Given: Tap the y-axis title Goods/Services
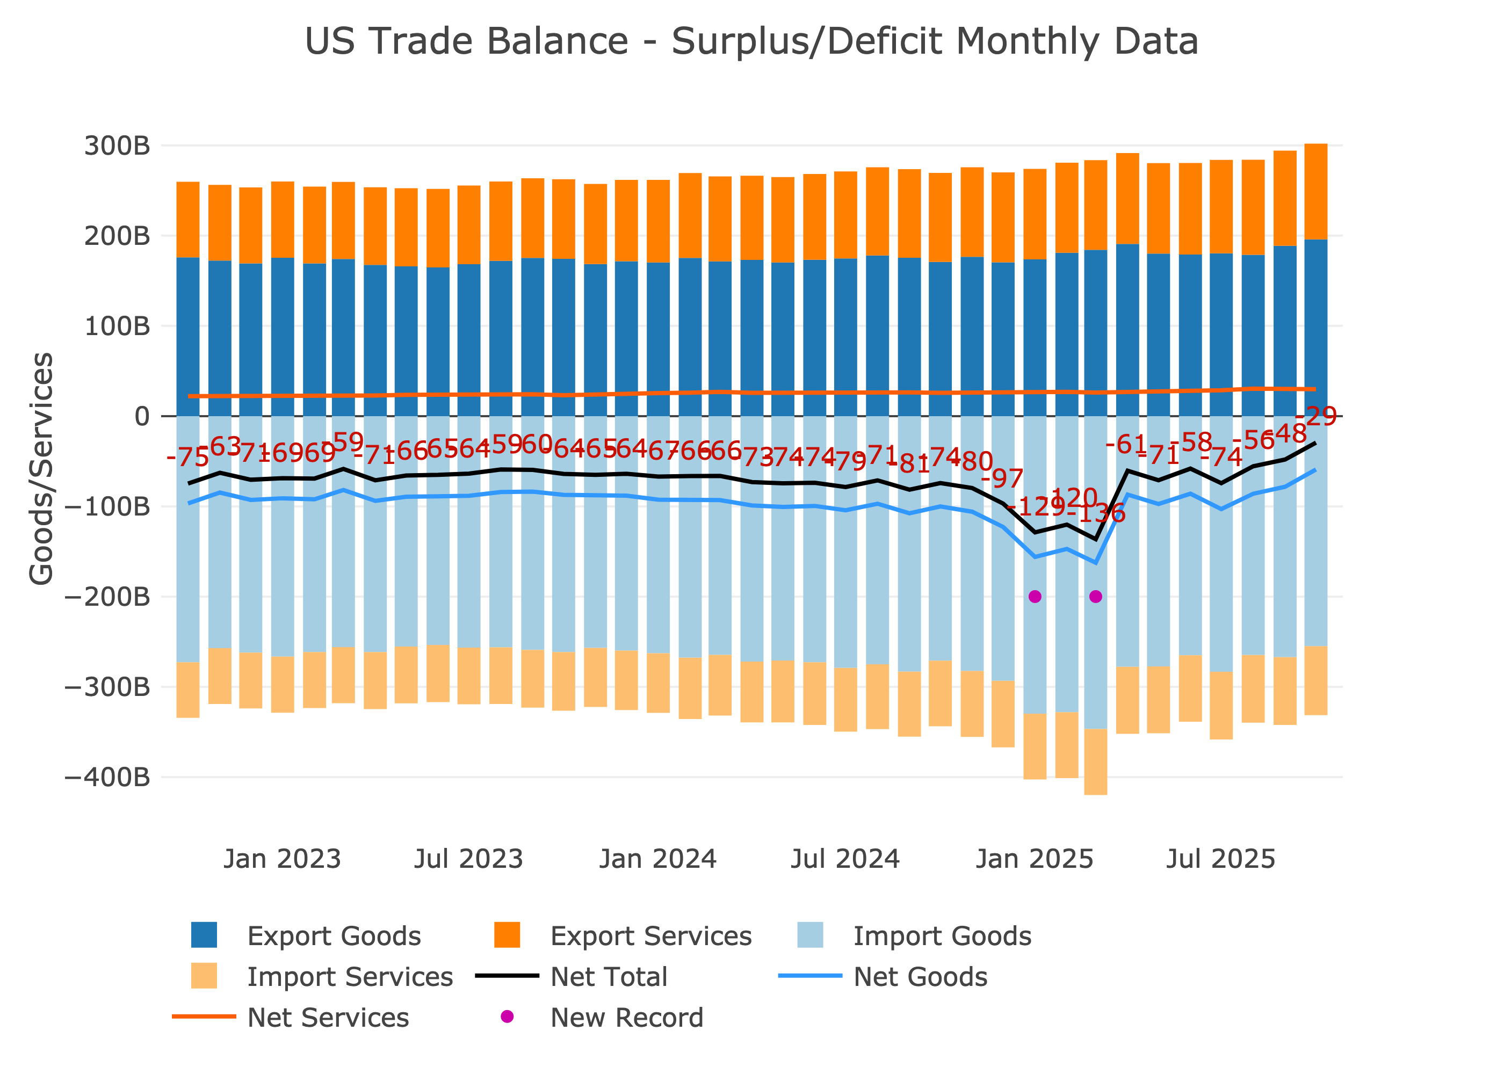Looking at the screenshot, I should pyautogui.click(x=41, y=468).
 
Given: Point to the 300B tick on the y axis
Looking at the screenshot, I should pyautogui.click(x=117, y=146).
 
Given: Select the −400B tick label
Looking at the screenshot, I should pyautogui.click(x=107, y=777).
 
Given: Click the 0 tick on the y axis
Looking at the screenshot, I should pyautogui.click(x=142, y=417).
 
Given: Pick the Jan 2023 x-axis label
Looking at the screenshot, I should pyautogui.click(x=283, y=859).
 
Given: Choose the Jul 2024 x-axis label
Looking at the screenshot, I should pyautogui.click(x=845, y=859).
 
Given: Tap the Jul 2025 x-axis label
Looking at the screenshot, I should pyautogui.click(x=1220, y=859).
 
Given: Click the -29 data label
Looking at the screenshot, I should pyautogui.click(x=1316, y=417).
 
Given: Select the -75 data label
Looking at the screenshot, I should pyautogui.click(x=188, y=457).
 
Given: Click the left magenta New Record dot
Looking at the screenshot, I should pyautogui.click(x=1035, y=597).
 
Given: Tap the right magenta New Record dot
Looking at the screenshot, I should pyautogui.click(x=1096, y=597).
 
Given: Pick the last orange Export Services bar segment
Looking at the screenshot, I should pyautogui.click(x=1315, y=192).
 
